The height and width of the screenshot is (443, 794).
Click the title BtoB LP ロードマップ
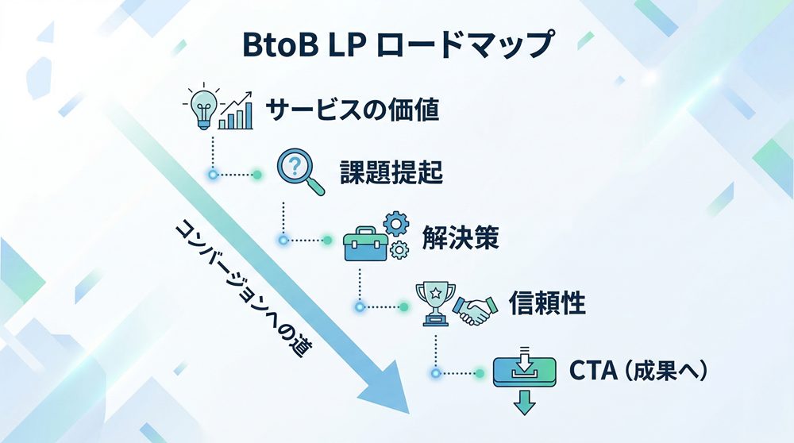click(396, 45)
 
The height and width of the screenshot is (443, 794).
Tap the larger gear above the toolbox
click(395, 224)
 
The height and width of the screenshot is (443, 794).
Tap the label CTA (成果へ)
click(638, 372)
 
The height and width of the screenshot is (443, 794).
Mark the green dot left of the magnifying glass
click(256, 174)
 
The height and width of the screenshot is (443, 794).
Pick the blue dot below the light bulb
click(212, 174)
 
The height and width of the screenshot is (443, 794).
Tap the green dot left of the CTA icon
click(480, 372)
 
